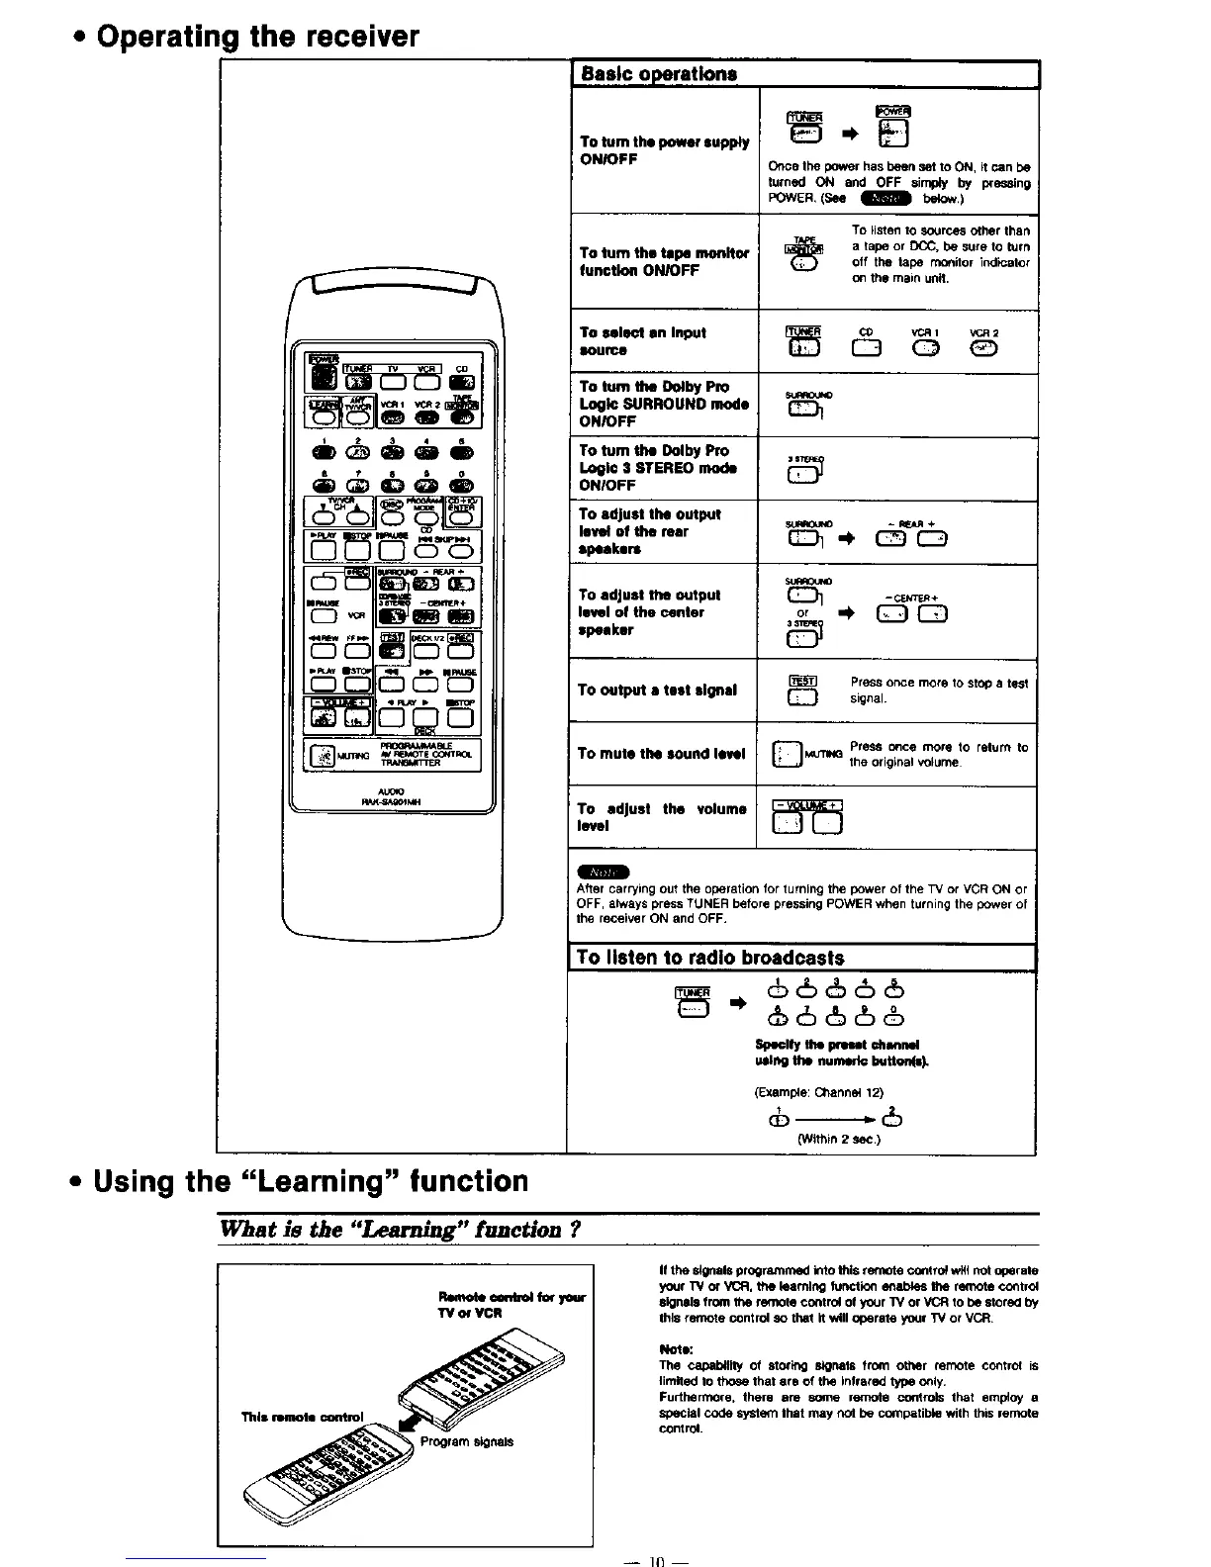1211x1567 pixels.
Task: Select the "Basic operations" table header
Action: [658, 74]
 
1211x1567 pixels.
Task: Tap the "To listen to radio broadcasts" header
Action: [709, 958]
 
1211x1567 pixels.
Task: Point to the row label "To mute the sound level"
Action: [655, 753]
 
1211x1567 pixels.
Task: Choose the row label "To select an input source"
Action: [643, 341]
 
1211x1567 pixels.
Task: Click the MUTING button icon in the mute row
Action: [786, 753]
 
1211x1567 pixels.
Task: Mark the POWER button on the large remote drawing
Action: [321, 375]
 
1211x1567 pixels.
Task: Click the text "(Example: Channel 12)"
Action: [818, 1093]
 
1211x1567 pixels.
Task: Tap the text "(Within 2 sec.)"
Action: [839, 1139]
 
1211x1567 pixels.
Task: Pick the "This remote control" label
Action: [303, 1416]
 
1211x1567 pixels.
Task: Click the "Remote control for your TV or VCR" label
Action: [512, 1304]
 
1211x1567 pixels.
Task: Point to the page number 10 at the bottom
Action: [654, 1558]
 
